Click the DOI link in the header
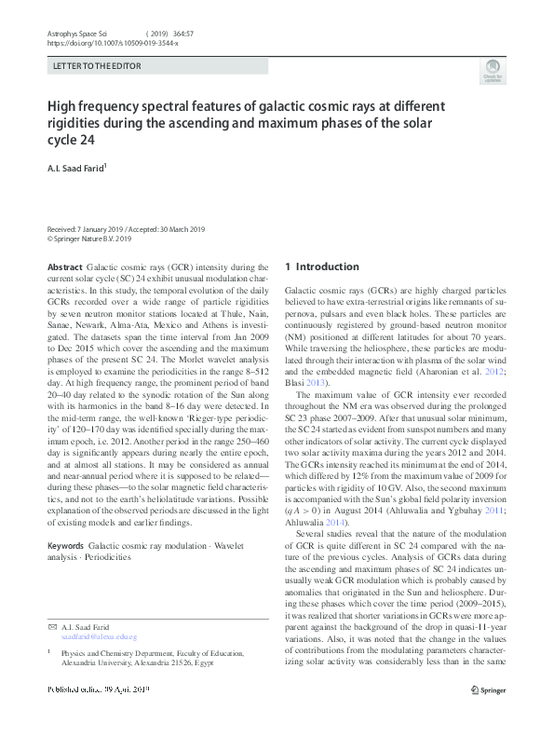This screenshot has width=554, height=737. [112, 43]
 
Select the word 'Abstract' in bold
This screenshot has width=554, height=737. [64, 266]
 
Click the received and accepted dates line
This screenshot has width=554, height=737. [126, 229]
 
